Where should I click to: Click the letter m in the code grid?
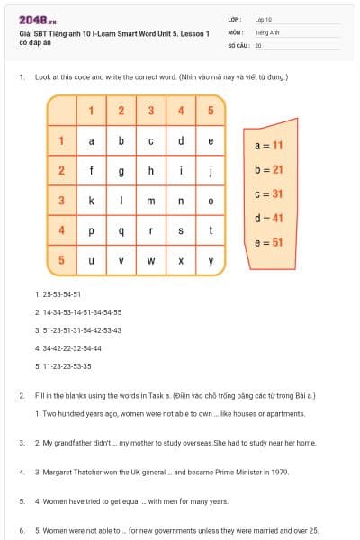151,201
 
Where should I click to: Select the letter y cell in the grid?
211,262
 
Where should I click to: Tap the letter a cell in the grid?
91,141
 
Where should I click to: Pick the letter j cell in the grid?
211,171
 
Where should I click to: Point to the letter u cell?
91,262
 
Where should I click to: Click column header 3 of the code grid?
151,111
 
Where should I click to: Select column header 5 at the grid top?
211,111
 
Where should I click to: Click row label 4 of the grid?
61,231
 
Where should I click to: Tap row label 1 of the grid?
61,141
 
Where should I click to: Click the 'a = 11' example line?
269,145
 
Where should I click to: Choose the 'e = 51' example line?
269,242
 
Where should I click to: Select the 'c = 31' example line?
269,193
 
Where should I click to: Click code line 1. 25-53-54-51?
58,294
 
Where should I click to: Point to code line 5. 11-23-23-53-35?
63,366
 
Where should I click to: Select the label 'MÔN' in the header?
235,31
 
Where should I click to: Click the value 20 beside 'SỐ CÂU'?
258,44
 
